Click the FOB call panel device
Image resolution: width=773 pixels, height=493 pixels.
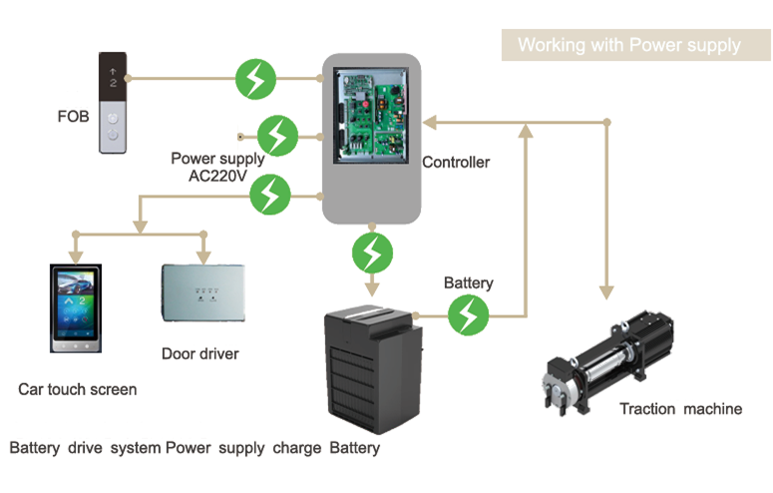(114, 103)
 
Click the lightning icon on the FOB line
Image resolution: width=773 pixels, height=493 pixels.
(256, 78)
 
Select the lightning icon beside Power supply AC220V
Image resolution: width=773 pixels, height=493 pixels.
(278, 135)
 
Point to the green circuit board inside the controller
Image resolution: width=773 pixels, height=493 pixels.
(370, 115)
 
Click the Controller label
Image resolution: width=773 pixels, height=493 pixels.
(456, 162)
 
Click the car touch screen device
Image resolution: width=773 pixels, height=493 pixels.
(75, 307)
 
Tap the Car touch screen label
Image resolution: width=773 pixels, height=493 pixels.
(78, 389)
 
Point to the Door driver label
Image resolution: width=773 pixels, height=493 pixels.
(200, 353)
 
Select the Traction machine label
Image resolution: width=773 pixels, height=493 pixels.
(680, 408)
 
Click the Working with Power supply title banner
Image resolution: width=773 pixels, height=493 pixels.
(629, 45)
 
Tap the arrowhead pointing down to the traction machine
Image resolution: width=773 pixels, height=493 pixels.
(605, 290)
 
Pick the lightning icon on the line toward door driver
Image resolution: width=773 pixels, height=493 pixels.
(269, 194)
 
